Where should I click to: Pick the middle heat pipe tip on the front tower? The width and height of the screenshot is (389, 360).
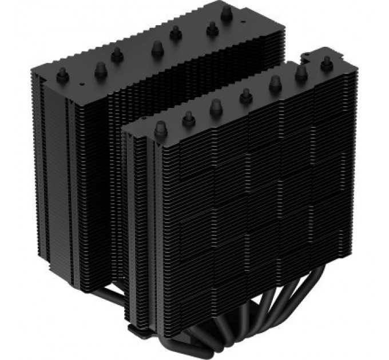[246, 96]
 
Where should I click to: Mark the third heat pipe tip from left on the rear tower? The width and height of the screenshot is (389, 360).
[117, 53]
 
